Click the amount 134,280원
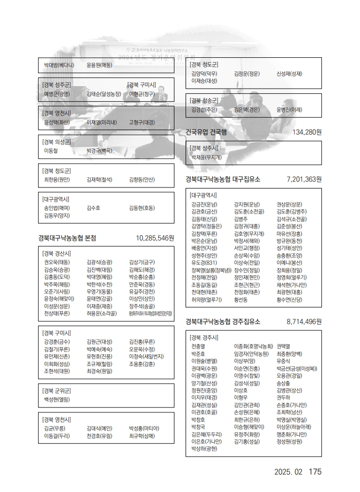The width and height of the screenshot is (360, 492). (x=307, y=132)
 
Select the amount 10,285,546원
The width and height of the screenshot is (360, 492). (x=155, y=238)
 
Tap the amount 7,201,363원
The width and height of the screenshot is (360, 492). (x=304, y=179)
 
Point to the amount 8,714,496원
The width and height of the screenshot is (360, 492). (x=304, y=322)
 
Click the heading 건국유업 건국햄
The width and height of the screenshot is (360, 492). (x=206, y=132)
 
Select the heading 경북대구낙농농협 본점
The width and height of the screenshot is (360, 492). (x=67, y=238)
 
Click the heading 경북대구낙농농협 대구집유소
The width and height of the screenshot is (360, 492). (x=223, y=179)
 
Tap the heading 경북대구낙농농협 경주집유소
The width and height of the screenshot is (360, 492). (x=223, y=322)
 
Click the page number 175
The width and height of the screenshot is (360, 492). (x=315, y=472)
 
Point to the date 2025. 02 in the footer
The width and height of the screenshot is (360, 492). (x=288, y=472)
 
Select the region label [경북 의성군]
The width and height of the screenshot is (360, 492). (x=57, y=142)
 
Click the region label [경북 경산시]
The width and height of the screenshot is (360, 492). (x=57, y=253)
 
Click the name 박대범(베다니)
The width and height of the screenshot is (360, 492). (x=59, y=65)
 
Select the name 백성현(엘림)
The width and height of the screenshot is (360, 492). (x=57, y=399)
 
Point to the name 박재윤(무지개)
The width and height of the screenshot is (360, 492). (x=206, y=158)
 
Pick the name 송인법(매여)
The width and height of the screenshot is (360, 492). (x=57, y=208)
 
